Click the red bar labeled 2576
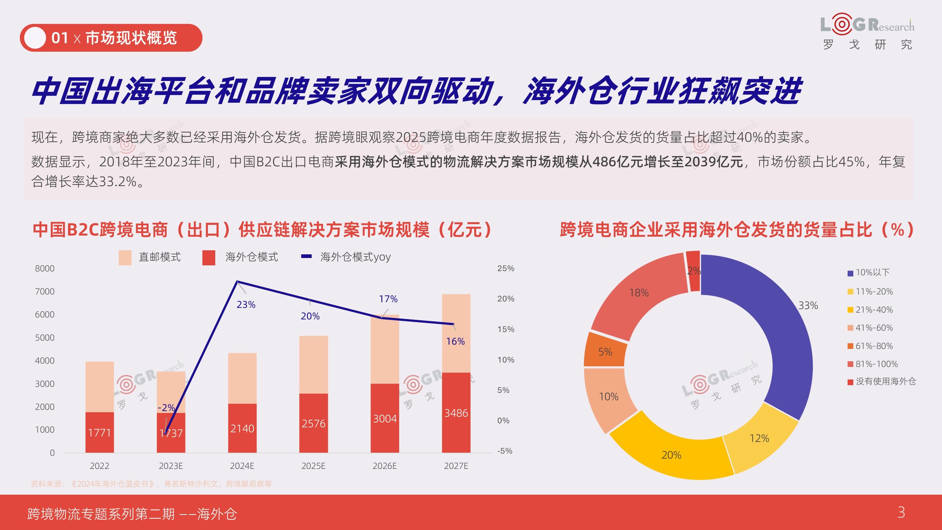pyautogui.click(x=313, y=423)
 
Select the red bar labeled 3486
pyautogui.click(x=456, y=413)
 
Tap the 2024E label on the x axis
pyautogui.click(x=242, y=466)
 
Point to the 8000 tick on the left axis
pyautogui.click(x=45, y=269)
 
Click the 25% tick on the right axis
pyautogui.click(x=506, y=269)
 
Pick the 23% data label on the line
pyautogui.click(x=246, y=305)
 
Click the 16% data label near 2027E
pyautogui.click(x=455, y=342)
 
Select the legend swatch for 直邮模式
pyautogui.click(x=125, y=258)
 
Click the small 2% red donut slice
pyautogui.click(x=693, y=272)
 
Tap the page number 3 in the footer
pyautogui.click(x=901, y=512)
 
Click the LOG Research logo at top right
pyautogui.click(x=867, y=32)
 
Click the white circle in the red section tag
pyautogui.click(x=35, y=38)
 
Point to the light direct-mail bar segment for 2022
pyautogui.click(x=100, y=386)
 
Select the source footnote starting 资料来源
pyautogui.click(x=151, y=484)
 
